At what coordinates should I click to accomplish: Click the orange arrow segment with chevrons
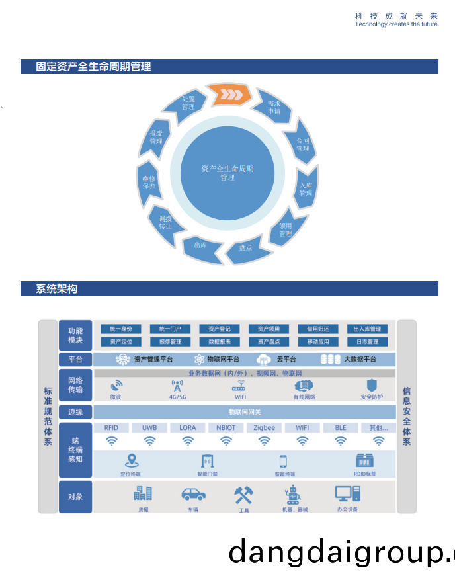point(229,95)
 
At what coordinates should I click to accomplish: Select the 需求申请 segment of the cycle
point(274,108)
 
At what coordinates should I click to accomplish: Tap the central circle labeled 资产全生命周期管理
point(227,173)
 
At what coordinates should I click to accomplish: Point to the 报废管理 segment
point(156,138)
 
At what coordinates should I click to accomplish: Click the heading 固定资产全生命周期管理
point(94,67)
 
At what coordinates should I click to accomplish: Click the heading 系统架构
point(57,289)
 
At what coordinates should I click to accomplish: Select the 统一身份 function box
point(120,329)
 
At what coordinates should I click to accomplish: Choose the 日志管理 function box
point(367,342)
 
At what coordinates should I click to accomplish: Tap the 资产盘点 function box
point(269,342)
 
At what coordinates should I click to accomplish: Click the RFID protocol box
point(111,428)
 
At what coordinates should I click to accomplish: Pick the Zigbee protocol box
point(264,428)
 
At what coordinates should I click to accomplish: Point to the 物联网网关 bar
point(244,412)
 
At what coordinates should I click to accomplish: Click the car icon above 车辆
point(193,494)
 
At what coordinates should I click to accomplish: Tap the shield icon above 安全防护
point(371,385)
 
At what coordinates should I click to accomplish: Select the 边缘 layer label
point(75,412)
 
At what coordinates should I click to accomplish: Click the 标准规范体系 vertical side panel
point(48,417)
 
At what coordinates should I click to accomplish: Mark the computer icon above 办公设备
point(347,494)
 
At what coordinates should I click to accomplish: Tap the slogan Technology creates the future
point(395,24)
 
